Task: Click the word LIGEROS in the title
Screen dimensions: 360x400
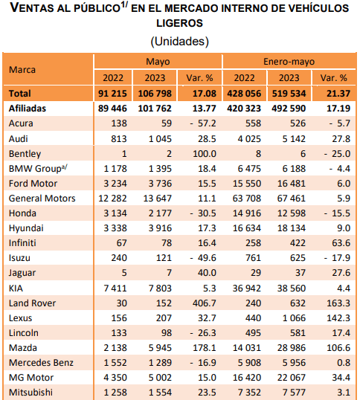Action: [179, 23]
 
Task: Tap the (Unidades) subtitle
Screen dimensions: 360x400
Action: [179, 42]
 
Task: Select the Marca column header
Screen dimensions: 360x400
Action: [22, 70]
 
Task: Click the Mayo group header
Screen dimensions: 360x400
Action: [158, 62]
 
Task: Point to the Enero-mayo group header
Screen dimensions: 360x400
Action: [289, 62]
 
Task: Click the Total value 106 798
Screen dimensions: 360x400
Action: [155, 94]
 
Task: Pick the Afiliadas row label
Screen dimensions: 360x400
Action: [28, 109]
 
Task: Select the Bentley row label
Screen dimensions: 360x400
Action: [25, 154]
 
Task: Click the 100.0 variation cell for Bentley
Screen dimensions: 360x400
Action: [205, 154]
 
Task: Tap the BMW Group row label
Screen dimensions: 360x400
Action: [38, 169]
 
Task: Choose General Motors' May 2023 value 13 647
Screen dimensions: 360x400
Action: [158, 199]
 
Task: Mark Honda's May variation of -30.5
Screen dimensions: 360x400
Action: [203, 213]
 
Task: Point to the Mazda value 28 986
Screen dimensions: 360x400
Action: [292, 348]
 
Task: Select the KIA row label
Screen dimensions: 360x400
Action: [16, 288]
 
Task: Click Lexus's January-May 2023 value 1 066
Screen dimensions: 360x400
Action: [294, 318]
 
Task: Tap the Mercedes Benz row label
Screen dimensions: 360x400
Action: [41, 363]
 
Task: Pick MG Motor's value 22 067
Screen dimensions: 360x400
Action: [292, 377]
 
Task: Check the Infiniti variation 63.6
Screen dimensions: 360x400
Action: [341, 243]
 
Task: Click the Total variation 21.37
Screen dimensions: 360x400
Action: [338, 94]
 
